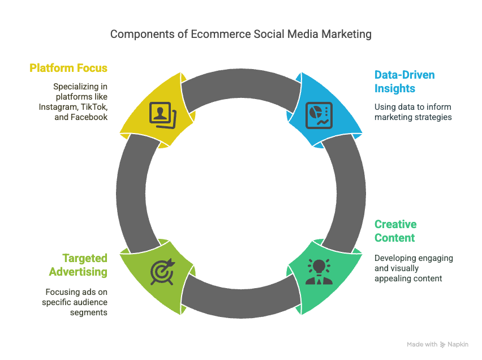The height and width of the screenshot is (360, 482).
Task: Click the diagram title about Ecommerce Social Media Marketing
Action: [240, 34]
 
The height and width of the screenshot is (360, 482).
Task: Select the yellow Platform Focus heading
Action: [68, 68]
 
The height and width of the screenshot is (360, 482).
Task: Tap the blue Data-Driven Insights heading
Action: [404, 82]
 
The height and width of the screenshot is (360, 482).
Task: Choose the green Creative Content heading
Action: [395, 231]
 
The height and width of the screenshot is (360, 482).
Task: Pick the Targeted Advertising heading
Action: [78, 265]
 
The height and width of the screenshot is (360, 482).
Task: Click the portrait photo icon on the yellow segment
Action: [162, 115]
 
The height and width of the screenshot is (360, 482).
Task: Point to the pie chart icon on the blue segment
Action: [319, 115]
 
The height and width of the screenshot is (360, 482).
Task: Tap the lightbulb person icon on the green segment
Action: [319, 271]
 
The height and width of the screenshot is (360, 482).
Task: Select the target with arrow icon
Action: [162, 272]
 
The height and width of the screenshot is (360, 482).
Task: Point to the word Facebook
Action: [89, 117]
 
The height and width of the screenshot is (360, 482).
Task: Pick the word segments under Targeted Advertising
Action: [88, 312]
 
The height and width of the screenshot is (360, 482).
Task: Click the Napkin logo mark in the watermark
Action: [442, 345]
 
